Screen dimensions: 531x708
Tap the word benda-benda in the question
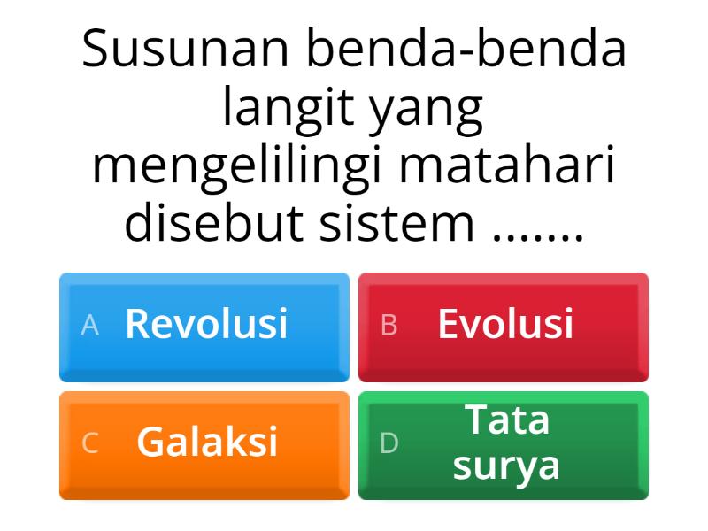click(466, 50)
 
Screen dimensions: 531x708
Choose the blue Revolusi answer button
click(204, 327)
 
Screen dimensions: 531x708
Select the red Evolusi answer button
click(504, 327)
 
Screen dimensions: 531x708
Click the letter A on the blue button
click(89, 326)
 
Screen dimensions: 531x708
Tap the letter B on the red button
click(389, 326)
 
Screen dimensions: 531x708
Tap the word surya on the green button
click(506, 466)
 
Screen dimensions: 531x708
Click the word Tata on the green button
click(507, 419)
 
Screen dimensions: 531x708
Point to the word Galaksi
click(207, 442)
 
